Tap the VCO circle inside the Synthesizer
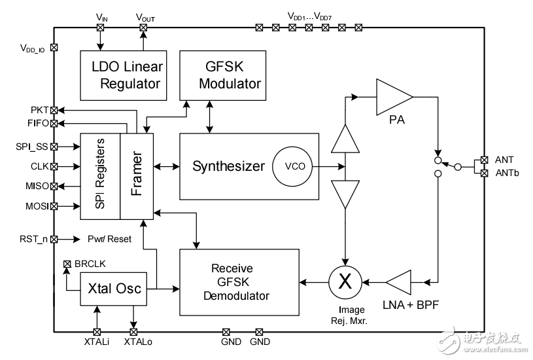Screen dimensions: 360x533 point(288,166)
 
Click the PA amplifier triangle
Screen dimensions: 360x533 point(392,97)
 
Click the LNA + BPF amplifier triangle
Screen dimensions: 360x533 point(400,283)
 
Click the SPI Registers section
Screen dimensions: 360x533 point(100,176)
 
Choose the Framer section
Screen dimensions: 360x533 point(137,176)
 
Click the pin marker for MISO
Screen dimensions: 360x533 point(54,187)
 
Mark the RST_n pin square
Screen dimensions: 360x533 point(54,240)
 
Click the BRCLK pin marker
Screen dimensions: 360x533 point(66,264)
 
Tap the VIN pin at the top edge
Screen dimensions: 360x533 point(101,27)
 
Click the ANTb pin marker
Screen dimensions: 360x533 point(484,173)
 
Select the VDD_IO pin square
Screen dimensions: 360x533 point(54,48)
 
